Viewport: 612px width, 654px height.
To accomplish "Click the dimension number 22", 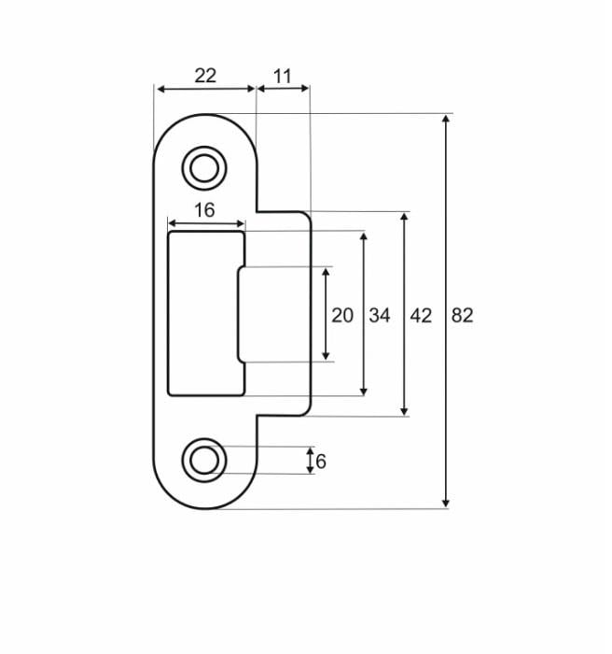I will (x=205, y=76).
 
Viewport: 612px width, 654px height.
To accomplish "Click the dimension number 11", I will (x=283, y=76).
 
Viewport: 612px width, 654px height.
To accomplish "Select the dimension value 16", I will (x=204, y=210).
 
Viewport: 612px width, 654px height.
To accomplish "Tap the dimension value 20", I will (x=342, y=315).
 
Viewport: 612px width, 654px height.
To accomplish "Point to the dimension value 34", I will (x=379, y=315).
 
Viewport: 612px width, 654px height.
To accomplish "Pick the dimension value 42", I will (x=421, y=315).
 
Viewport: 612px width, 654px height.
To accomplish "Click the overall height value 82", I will (x=462, y=315).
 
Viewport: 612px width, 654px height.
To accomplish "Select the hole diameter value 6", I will (x=321, y=462).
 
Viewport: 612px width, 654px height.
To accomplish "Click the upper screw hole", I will (x=203, y=168).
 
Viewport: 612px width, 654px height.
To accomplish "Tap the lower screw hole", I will (x=203, y=460).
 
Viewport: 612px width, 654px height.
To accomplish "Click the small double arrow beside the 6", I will (x=311, y=461).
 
